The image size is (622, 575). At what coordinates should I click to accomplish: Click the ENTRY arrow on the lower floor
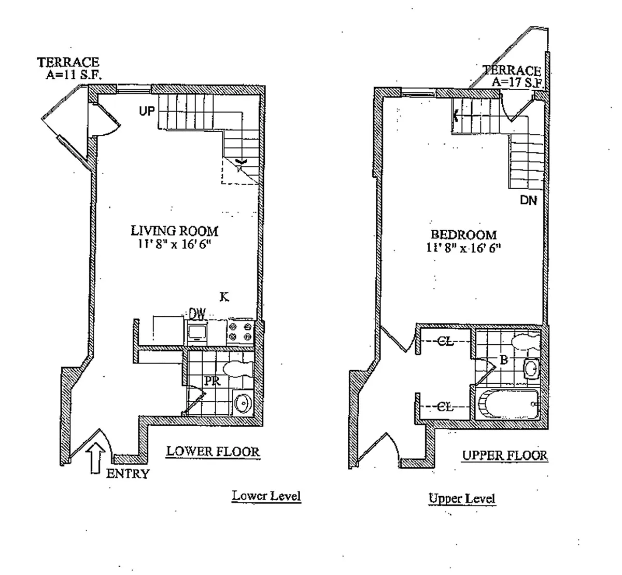98,458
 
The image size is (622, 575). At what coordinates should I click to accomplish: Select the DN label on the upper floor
529,200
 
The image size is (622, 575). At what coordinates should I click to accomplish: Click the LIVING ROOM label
175,231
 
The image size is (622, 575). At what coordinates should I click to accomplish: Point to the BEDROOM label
464,234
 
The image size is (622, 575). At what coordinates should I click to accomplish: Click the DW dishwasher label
197,313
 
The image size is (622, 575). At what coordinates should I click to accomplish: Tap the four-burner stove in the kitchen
240,332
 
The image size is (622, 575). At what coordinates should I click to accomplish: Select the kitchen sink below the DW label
197,333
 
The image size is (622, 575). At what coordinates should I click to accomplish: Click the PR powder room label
213,381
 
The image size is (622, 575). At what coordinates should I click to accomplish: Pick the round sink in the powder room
243,403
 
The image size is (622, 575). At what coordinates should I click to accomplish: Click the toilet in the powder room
238,369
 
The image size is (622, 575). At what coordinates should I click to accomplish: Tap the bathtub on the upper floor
507,404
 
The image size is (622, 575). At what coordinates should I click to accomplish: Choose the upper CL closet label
445,341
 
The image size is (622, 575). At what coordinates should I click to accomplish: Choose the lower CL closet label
445,407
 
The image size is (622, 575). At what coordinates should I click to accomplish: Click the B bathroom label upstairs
504,360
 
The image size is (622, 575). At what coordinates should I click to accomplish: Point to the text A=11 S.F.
74,75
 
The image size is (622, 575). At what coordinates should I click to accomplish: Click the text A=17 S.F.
517,82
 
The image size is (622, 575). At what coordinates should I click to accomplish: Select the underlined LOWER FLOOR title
213,452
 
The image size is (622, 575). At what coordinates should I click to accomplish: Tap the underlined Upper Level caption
462,499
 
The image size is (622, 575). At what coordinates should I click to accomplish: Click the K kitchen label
224,297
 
